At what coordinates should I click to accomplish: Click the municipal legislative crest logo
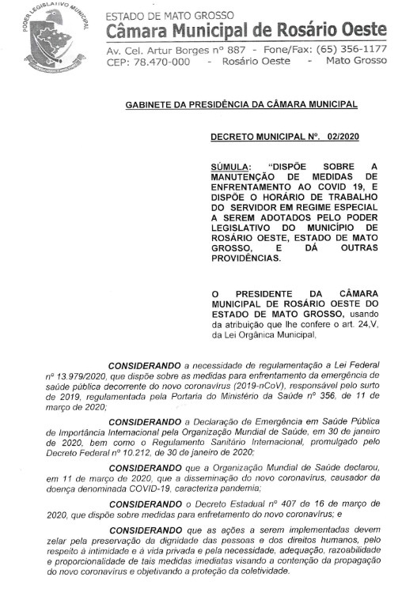[50, 39]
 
